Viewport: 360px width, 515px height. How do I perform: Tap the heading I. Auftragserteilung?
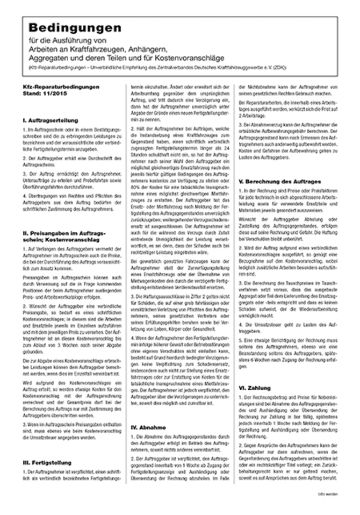click(51, 121)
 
